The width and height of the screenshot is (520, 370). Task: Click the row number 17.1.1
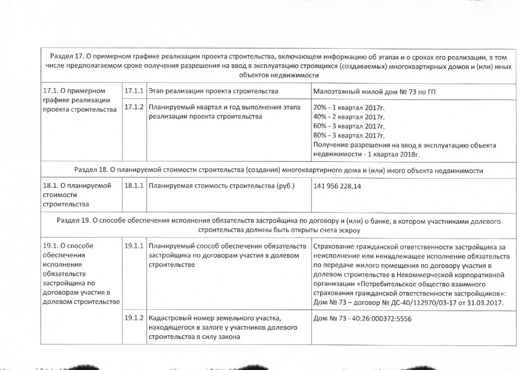pyautogui.click(x=133, y=91)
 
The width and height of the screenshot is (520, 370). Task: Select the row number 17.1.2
pyautogui.click(x=133, y=107)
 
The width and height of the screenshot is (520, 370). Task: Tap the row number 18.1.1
pyautogui.click(x=133, y=186)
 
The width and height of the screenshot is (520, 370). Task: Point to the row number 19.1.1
pyautogui.click(x=133, y=246)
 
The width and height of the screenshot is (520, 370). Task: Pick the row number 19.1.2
pyautogui.click(x=133, y=318)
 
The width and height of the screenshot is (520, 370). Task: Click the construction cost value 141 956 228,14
pyautogui.click(x=337, y=186)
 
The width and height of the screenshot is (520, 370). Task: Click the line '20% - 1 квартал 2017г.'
pyautogui.click(x=349, y=108)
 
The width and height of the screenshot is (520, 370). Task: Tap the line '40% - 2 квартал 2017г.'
pyautogui.click(x=349, y=117)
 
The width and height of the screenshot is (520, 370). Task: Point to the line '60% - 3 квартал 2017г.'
pyautogui.click(x=349, y=126)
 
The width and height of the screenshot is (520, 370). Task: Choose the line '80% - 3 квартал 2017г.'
pyautogui.click(x=349, y=135)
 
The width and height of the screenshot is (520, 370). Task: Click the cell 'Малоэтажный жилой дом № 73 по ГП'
pyautogui.click(x=374, y=91)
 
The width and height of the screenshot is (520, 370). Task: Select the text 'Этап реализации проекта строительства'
pyautogui.click(x=213, y=91)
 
